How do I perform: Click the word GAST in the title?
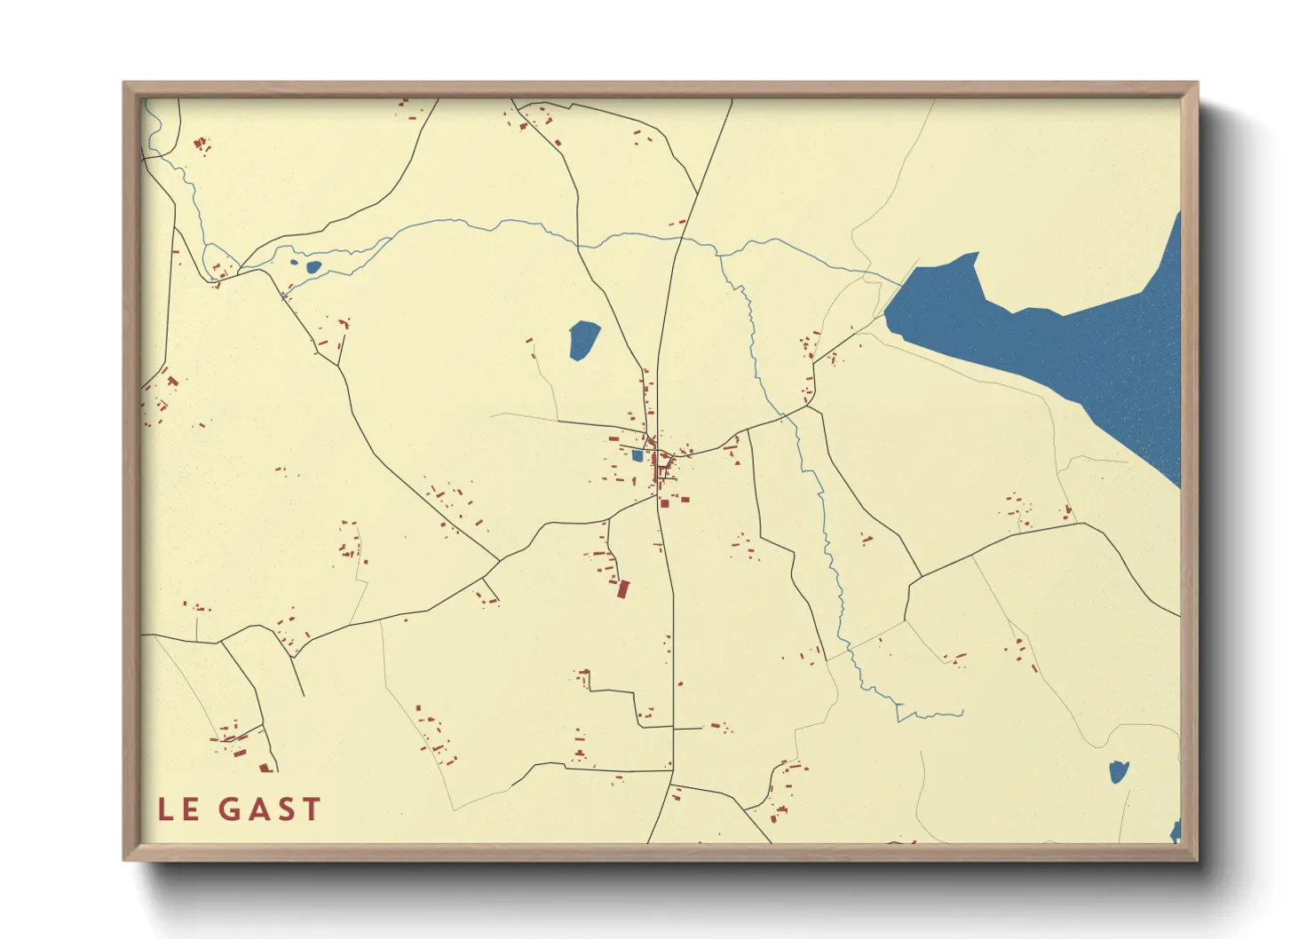point(269,809)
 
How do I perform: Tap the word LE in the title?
point(178,809)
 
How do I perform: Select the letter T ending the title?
point(310,809)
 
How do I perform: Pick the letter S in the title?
point(285,809)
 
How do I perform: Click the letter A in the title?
point(258,809)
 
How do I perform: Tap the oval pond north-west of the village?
point(583,340)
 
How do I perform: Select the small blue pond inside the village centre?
point(637,456)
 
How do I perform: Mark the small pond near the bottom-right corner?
point(1119,772)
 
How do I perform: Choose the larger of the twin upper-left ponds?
point(313,266)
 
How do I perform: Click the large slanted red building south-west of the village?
point(623,588)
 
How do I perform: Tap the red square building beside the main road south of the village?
point(664,503)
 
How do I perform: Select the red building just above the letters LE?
point(265,768)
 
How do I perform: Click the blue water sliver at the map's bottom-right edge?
point(1176,832)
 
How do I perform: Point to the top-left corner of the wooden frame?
point(124,83)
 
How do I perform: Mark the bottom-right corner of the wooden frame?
point(1198,860)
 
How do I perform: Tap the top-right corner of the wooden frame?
point(1198,83)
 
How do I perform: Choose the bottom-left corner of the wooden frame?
point(124,860)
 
